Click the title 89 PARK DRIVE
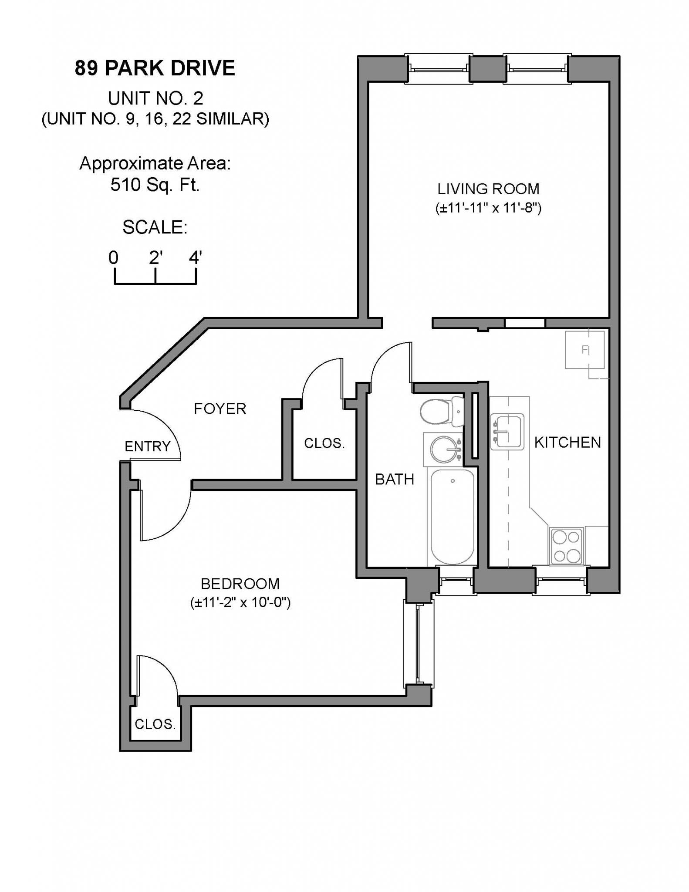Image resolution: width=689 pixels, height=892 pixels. coord(155,68)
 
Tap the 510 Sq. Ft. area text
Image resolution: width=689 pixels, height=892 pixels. coord(155,185)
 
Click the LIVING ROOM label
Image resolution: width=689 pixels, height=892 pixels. coord(488,189)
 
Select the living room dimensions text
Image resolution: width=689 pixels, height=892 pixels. coord(488,208)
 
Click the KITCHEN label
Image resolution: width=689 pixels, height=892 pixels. coord(567,442)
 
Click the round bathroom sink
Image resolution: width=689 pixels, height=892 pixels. coord(444,449)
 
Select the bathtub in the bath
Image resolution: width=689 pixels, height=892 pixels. coord(452,517)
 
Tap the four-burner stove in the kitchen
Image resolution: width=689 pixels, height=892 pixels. coord(566,546)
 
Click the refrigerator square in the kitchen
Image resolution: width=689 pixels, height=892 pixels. coord(584,350)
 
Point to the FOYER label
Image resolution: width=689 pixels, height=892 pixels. coord(220,409)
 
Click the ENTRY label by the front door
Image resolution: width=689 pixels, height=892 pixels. coord(147,446)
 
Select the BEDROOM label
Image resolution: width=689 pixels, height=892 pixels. coord(240,584)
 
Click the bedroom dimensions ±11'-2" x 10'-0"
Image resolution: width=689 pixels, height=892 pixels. coord(240,602)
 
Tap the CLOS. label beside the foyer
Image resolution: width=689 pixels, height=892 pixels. coord(324,443)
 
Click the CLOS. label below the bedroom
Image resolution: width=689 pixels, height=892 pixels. coord(155,724)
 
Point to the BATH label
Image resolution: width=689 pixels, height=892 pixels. coord(395,479)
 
